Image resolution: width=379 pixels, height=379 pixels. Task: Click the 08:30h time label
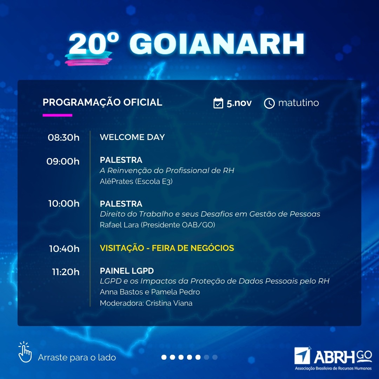pos(64,138)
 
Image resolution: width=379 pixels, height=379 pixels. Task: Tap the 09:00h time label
pos(63,161)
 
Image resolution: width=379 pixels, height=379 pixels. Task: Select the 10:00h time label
pos(64,204)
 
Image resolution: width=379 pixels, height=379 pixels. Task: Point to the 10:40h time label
pos(64,249)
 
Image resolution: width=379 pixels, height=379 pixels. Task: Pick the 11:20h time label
pos(66,272)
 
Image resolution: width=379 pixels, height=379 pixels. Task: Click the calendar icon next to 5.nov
pos(218,103)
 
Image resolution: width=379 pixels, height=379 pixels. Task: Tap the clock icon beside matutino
pos(269,103)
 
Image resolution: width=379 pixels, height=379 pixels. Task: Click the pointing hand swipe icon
pos(25,352)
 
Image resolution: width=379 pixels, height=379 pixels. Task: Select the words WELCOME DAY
pos(132,137)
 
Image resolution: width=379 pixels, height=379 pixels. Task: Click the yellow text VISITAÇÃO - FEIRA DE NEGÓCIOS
pos(167,248)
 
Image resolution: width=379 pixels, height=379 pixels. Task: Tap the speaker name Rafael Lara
pos(119,225)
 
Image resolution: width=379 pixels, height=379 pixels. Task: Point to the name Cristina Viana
pos(169,303)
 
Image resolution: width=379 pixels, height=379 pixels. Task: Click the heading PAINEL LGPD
pos(127,271)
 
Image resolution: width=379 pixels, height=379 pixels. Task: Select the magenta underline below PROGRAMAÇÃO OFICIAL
pos(57,115)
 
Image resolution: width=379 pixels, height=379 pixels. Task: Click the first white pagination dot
pos(164,357)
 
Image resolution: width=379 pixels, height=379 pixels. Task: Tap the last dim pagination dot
pos(215,357)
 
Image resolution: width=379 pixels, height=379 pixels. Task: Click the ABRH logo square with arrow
pos(302,355)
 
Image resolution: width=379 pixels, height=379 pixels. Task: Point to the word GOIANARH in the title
pos(217,44)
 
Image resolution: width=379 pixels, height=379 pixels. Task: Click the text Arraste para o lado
pos(77,358)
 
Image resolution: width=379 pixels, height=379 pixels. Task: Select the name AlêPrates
pos(117,181)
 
